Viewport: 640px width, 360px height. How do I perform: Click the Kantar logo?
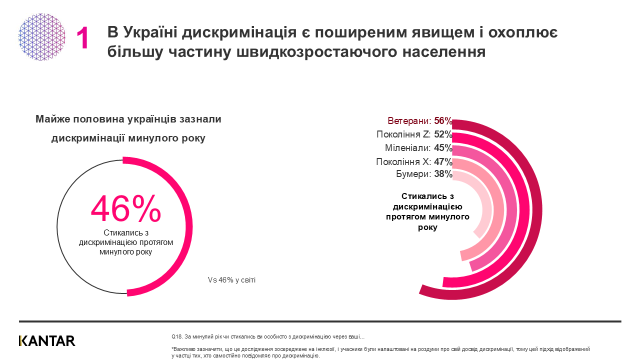click(47, 341)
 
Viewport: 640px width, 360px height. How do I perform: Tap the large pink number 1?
click(83, 38)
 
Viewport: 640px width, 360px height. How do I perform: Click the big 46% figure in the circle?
click(125, 209)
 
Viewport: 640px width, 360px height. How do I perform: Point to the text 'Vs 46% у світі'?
click(231, 280)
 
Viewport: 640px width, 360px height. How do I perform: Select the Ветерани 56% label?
click(420, 121)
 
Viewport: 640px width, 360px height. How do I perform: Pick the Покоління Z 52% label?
click(414, 134)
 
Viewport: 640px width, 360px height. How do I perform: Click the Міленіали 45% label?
click(418, 148)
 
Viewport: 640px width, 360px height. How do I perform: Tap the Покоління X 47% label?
click(414, 161)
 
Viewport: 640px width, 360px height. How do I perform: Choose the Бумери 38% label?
click(424, 174)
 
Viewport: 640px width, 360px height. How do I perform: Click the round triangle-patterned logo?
click(42, 37)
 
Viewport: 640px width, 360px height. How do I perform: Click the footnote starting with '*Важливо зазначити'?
click(380, 352)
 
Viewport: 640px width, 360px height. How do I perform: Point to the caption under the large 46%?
click(126, 242)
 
